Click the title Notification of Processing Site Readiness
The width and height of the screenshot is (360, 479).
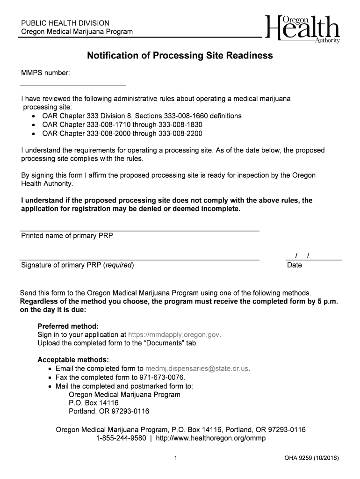tap(180, 56)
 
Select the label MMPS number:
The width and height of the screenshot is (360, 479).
tap(45, 73)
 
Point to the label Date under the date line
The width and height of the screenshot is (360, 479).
tap(295, 265)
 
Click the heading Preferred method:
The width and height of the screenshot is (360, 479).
tap(68, 326)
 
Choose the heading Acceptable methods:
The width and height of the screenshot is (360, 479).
tap(73, 360)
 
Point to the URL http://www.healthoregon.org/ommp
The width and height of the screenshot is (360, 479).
tap(210, 438)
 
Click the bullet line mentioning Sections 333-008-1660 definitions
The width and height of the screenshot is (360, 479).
tap(142, 116)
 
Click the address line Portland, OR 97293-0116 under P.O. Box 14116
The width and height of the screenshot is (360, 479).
tap(109, 412)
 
